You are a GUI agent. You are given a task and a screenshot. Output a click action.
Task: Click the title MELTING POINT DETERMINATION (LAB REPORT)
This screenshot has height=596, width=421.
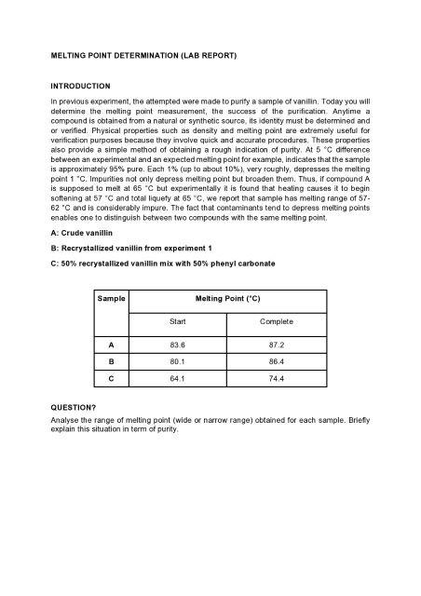point(144,57)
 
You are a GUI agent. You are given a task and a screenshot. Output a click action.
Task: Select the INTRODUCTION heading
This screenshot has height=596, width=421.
point(80,86)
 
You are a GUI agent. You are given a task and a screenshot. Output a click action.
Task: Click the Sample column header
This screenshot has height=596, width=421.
point(113,299)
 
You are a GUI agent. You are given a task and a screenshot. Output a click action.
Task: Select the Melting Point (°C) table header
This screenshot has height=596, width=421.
point(227,299)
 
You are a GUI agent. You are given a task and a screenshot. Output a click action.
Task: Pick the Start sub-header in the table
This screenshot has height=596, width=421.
point(177,321)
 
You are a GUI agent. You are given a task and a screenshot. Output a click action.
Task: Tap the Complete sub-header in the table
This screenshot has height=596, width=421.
point(277,321)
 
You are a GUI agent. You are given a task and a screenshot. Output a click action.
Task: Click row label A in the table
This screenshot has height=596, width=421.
point(112,344)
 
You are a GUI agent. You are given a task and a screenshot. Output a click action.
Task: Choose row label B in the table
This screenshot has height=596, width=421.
point(112,360)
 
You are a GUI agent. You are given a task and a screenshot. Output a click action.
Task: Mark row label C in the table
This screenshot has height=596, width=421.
point(112,378)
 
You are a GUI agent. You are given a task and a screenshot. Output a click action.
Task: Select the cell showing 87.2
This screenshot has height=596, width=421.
point(277,344)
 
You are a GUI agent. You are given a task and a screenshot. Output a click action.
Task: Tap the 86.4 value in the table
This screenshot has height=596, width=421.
point(277,360)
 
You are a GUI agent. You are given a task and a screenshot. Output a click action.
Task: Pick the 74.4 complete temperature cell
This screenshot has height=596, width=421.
point(277,378)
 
